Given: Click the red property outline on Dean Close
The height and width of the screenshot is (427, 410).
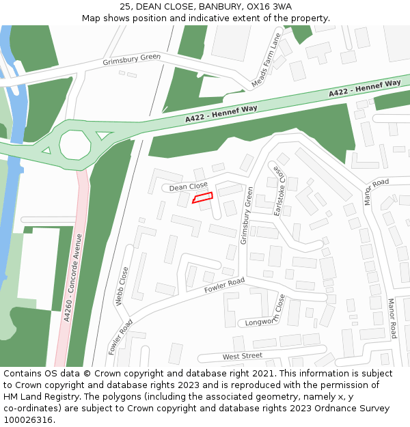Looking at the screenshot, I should click(x=202, y=197).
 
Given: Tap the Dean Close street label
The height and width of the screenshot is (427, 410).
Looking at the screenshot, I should click(x=188, y=186).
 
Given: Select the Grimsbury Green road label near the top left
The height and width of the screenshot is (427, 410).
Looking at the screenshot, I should click(x=131, y=60).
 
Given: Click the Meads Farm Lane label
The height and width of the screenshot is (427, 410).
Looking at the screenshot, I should click(x=266, y=61).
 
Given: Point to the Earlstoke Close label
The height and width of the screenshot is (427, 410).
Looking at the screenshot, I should click(x=278, y=191).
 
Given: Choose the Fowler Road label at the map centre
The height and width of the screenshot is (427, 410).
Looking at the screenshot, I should click(x=224, y=286).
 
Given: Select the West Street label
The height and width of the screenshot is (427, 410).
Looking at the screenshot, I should click(x=242, y=356).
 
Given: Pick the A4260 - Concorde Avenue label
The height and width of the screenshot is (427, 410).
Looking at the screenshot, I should click(x=72, y=277).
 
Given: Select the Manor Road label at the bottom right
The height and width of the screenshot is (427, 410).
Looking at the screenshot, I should click(x=392, y=318).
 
